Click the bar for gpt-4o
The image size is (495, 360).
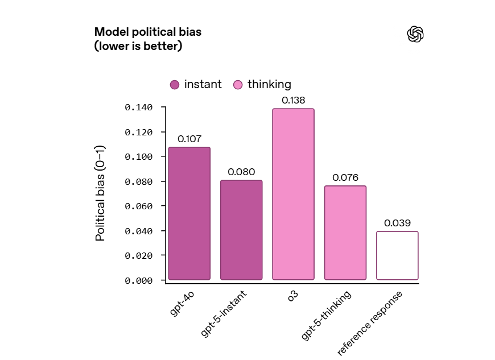(x=189, y=213)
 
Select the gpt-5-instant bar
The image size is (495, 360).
(x=241, y=230)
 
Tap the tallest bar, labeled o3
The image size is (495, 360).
(x=293, y=194)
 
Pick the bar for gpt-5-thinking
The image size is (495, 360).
(x=345, y=233)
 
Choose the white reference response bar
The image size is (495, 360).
(x=397, y=255)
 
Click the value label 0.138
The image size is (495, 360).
(x=293, y=100)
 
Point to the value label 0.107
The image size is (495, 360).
(x=189, y=139)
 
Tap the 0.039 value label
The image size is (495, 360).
(x=397, y=223)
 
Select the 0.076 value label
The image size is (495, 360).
(x=345, y=177)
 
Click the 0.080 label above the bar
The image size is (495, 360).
(x=241, y=172)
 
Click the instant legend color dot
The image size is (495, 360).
(x=175, y=85)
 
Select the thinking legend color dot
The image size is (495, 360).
(x=238, y=85)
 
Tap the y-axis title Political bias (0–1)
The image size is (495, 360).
(x=100, y=193)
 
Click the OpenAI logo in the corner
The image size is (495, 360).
(x=416, y=34)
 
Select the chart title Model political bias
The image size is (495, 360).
(x=148, y=32)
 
